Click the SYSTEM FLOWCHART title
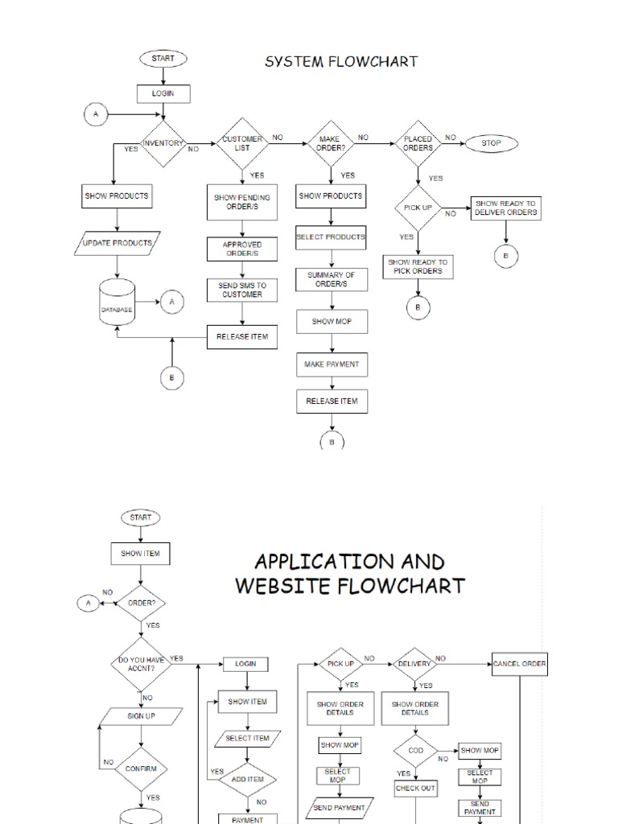point(341,61)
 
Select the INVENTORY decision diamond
point(163,144)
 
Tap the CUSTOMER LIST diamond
point(242,144)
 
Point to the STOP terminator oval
point(491,143)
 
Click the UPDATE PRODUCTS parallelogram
point(117,242)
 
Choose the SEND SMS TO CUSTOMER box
point(242,290)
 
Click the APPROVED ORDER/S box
point(242,249)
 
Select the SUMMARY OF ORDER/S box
point(331,280)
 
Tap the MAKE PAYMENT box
point(331,365)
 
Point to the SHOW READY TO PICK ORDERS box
point(418,267)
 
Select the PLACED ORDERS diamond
point(418,143)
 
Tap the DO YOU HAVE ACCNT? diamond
point(142,664)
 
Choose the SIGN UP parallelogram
point(142,716)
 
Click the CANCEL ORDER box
point(520,665)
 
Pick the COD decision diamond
point(416,751)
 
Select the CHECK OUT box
point(416,789)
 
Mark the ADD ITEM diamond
point(248,779)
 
